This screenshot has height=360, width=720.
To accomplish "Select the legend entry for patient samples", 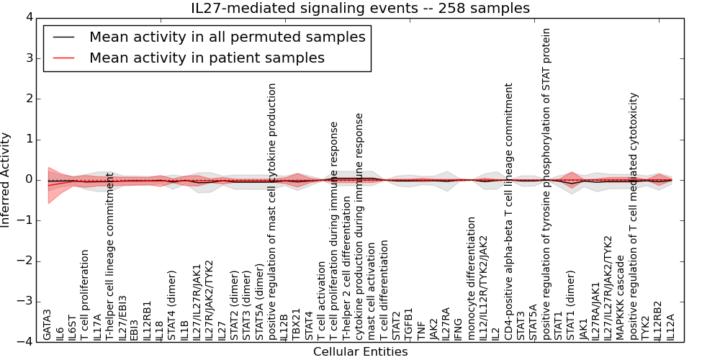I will [207, 58].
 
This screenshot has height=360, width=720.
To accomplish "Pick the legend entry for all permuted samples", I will [227, 37].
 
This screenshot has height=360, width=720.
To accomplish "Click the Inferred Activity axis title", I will [6, 180].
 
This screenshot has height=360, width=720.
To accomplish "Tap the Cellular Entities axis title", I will [360, 352].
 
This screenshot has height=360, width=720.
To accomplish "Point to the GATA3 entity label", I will [47, 325].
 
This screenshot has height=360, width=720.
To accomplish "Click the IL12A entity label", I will [670, 327].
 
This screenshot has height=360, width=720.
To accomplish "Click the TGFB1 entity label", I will [409, 325].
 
